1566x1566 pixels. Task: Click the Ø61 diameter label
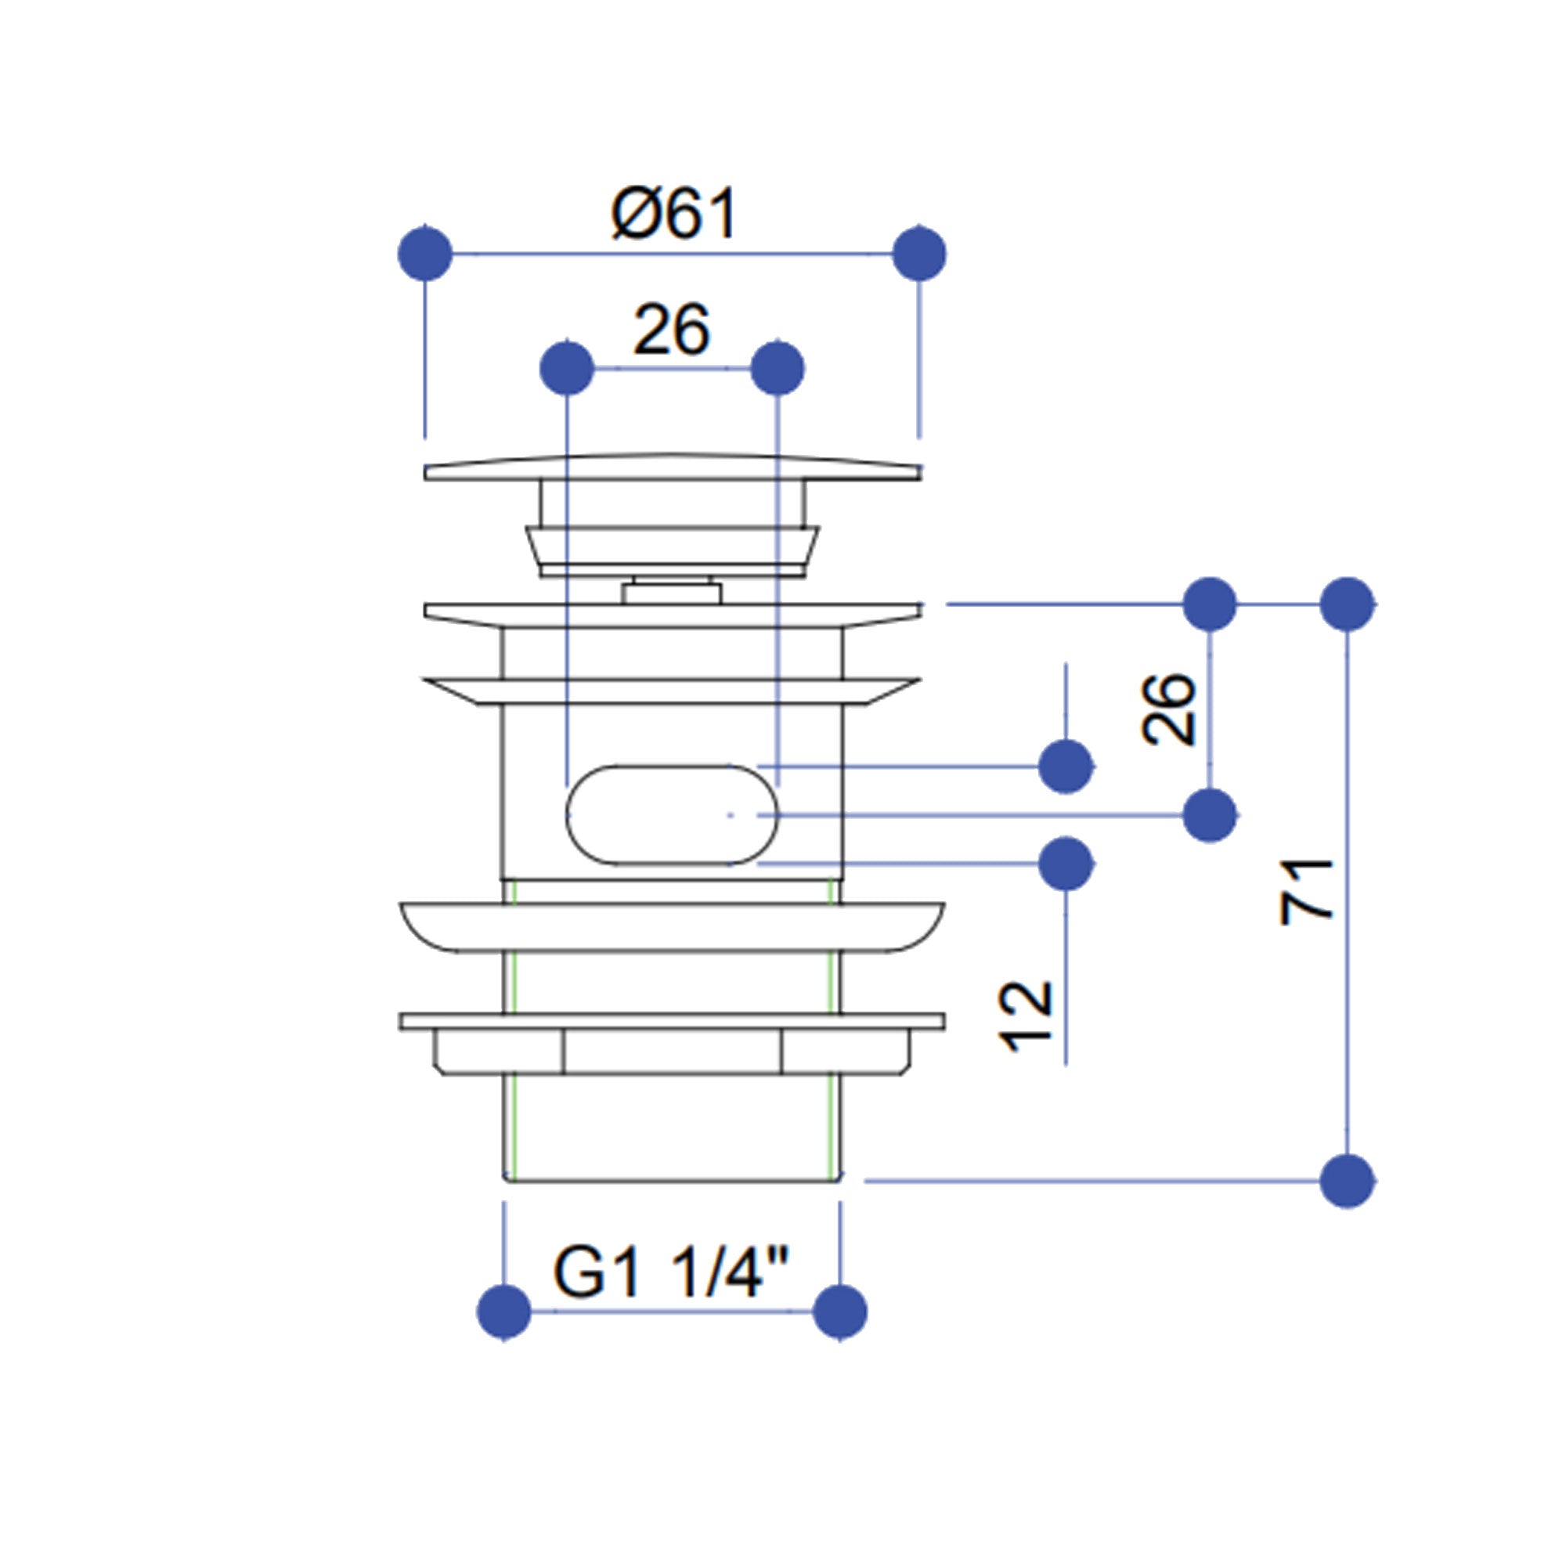click(673, 214)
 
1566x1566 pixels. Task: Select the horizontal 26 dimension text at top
click(672, 330)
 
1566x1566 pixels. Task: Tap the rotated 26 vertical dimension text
click(1168, 709)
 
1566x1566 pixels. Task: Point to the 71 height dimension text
click(1307, 891)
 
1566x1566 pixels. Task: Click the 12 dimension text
click(1027, 1016)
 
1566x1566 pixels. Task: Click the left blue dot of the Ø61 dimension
click(424, 254)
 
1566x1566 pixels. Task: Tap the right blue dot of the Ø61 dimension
click(918, 254)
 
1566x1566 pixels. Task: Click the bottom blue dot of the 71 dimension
click(1347, 1181)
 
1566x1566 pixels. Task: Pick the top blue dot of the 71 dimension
click(1347, 604)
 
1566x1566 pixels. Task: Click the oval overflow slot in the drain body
click(672, 814)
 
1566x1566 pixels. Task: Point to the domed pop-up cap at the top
click(672, 467)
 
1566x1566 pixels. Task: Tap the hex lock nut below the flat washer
click(672, 1052)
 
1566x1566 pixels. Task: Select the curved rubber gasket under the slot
click(672, 926)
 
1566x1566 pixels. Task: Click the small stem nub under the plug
click(672, 592)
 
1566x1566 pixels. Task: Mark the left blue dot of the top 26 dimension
click(567, 369)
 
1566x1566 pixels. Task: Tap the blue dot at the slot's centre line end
click(1210, 815)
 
